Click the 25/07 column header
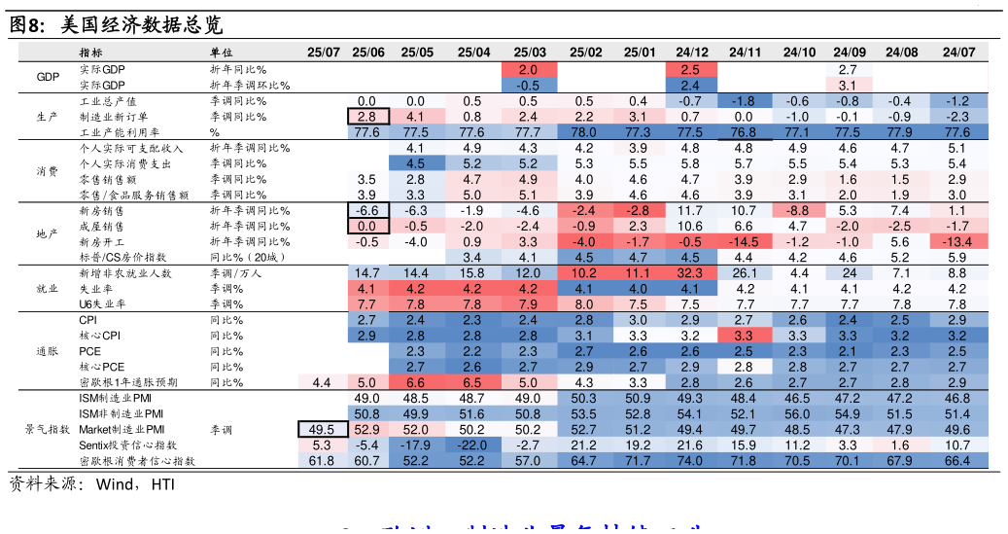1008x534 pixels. [x=323, y=52]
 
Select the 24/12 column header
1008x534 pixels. [x=691, y=52]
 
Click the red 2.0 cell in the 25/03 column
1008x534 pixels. [x=529, y=70]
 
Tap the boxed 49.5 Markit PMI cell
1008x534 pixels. [x=322, y=429]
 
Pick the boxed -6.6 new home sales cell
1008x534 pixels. [x=367, y=210]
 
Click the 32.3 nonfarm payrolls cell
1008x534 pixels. [x=691, y=273]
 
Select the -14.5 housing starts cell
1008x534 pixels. [x=744, y=241]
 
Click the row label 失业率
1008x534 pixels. [x=95, y=289]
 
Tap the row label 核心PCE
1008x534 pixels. [x=98, y=367]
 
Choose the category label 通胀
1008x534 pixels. [x=47, y=351]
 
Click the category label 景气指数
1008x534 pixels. [x=47, y=429]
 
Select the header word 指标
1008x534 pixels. [x=90, y=53]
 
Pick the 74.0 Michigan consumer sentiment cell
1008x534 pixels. [x=691, y=460]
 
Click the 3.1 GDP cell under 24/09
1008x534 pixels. [x=848, y=86]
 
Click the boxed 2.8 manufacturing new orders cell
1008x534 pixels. [x=367, y=117]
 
